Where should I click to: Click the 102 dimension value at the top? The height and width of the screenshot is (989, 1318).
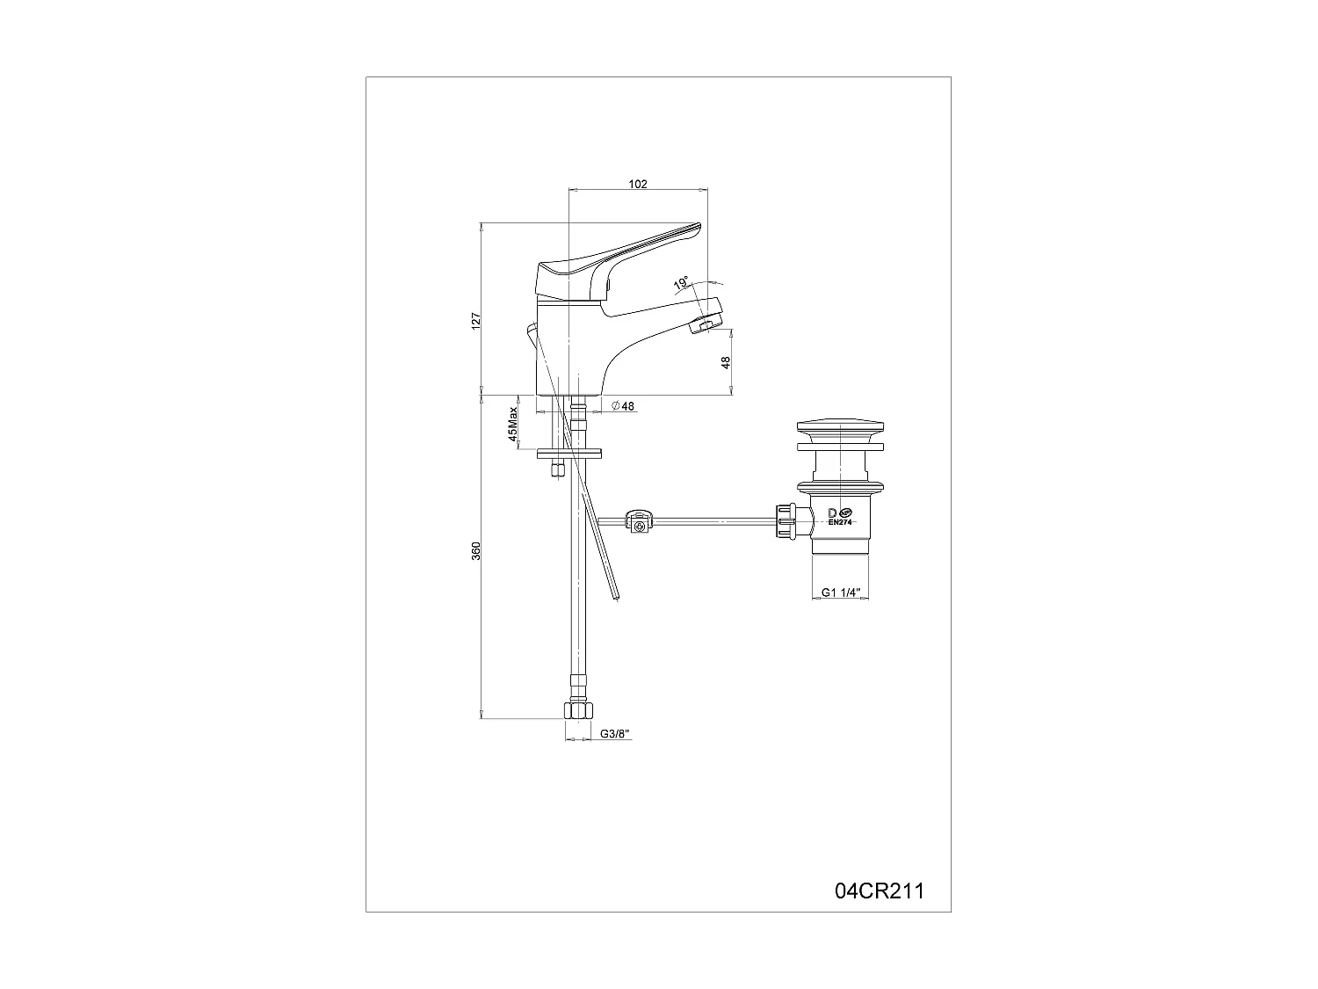[x=638, y=184]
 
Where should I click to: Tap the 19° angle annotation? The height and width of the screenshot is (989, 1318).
[x=680, y=283]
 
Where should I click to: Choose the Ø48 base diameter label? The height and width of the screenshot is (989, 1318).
[x=623, y=406]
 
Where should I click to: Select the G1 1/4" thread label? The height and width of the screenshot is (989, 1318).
[x=839, y=593]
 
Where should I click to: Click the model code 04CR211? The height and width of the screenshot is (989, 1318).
[x=879, y=891]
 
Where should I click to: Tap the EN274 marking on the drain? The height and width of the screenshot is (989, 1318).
[x=841, y=522]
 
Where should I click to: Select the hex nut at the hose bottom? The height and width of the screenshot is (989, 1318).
[x=576, y=709]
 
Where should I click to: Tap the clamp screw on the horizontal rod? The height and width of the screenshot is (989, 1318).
[x=641, y=525]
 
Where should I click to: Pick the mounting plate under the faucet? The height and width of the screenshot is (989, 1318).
[x=569, y=455]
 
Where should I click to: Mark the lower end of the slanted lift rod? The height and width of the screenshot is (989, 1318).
[x=616, y=597]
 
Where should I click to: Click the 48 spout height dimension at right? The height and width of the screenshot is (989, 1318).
[x=727, y=361]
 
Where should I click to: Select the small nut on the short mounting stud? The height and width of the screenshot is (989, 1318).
[x=554, y=471]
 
